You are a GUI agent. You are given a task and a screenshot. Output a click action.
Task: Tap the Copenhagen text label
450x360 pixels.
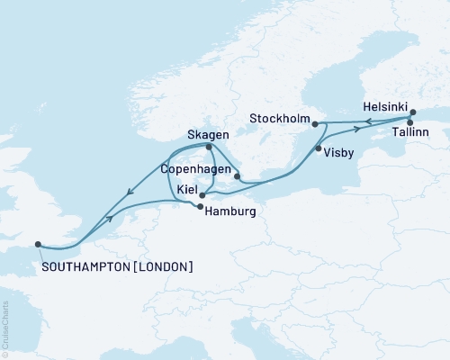click(193, 168)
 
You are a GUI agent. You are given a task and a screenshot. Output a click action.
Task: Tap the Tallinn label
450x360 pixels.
click(410, 132)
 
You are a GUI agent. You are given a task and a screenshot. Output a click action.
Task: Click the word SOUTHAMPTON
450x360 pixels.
click(85, 267)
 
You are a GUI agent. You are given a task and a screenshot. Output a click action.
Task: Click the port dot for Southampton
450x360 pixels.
click(37, 243)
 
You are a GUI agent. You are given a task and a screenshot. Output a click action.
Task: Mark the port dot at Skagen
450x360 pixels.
click(209, 147)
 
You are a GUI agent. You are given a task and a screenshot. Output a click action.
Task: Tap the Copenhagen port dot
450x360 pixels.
click(237, 176)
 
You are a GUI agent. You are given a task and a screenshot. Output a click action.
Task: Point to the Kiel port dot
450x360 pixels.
click(202, 193)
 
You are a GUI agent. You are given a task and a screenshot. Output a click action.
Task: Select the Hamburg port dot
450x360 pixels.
click(198, 207)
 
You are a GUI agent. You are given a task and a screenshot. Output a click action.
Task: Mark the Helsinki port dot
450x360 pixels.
click(413, 112)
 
